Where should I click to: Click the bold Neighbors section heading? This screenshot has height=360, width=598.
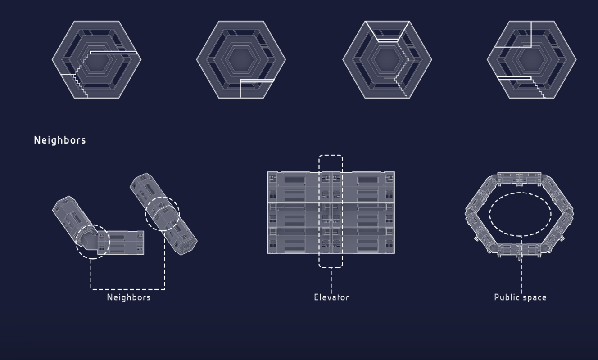(60, 140)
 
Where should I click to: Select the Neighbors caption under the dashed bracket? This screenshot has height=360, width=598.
(129, 297)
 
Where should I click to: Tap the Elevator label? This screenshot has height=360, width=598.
(331, 297)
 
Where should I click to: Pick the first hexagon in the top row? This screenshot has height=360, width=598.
(97, 59)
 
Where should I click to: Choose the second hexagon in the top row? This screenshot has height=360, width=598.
(241, 59)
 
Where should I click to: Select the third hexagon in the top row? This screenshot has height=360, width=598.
(387, 59)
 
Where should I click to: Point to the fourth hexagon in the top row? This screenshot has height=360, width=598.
(532, 59)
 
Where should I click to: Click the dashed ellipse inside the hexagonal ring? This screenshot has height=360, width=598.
(520, 193)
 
